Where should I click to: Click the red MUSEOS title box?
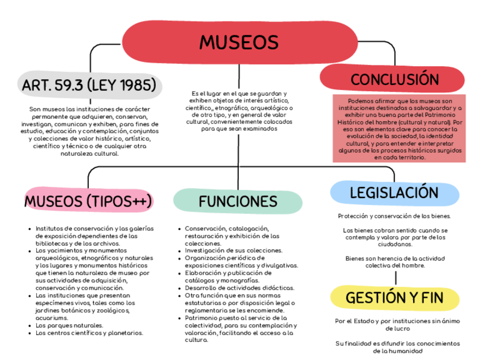click(239, 42)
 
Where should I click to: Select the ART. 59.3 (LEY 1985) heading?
click(89, 85)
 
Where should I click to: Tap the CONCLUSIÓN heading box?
click(395, 79)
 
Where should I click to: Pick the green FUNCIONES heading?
click(238, 202)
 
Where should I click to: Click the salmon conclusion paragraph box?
click(399, 128)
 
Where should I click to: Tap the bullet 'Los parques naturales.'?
click(69, 325)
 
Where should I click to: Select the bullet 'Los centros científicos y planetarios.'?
click(89, 333)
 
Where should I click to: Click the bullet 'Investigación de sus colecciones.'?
click(233, 250)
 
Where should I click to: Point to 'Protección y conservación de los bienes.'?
click(394, 216)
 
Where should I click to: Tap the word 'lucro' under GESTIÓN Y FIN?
click(394, 328)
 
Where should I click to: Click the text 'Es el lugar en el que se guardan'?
click(238, 93)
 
